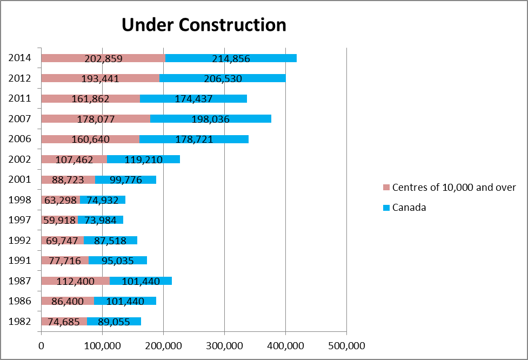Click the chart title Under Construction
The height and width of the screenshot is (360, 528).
[203, 25]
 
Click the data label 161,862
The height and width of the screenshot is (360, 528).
[90, 99]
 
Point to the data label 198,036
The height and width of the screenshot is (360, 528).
[211, 119]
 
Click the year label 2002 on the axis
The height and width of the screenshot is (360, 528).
[19, 159]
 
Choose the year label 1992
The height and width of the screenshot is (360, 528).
[19, 241]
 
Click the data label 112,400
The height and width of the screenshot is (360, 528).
[75, 281]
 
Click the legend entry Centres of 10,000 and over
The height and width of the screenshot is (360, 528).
[454, 188]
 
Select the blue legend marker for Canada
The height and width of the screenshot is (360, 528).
[386, 208]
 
